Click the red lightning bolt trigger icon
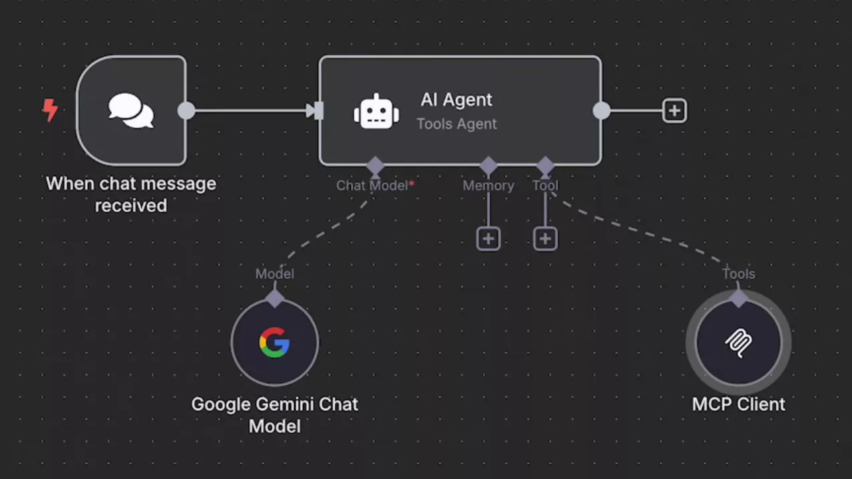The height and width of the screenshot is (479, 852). pos(50,110)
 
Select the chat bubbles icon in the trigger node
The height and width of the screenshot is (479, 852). pos(131,110)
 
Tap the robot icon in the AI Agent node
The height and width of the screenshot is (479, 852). pos(376,111)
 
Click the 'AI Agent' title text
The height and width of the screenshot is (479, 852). pos(457,100)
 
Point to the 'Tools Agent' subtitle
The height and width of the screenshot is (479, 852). pos(457,124)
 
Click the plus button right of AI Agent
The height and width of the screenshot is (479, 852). pos(674,110)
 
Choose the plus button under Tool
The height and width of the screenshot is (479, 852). pos(545,239)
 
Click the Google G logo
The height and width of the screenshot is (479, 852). pos(274,343)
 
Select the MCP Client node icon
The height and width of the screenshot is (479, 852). pos(738,343)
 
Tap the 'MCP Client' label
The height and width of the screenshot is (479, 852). pos(738,404)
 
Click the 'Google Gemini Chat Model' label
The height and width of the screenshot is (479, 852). pos(274,414)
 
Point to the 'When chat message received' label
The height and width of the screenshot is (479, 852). pos(131,194)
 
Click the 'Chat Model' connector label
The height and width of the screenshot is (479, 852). pos(372,186)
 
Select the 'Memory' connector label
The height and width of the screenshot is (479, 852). pos(489,186)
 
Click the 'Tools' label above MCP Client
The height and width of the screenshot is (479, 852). pos(738,273)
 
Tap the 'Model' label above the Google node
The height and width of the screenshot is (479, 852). pos(274,273)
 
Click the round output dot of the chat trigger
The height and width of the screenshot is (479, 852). pos(186,110)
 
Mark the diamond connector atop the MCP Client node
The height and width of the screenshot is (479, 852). pos(738,298)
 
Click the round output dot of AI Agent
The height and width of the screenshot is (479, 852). pos(601,110)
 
